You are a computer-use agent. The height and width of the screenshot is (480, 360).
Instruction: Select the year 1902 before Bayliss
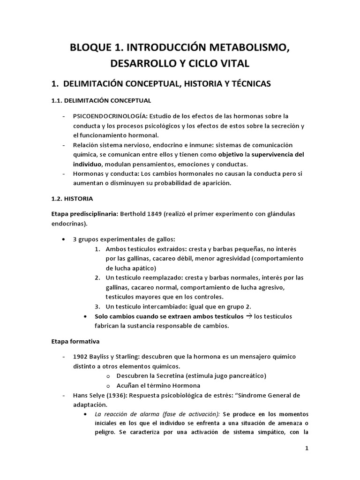coord(81,357)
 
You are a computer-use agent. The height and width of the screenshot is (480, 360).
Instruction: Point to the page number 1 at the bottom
coord(307,448)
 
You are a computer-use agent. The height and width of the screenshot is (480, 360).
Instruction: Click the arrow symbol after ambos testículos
coord(249,316)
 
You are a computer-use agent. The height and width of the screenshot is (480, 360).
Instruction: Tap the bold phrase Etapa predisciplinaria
coord(84,214)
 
